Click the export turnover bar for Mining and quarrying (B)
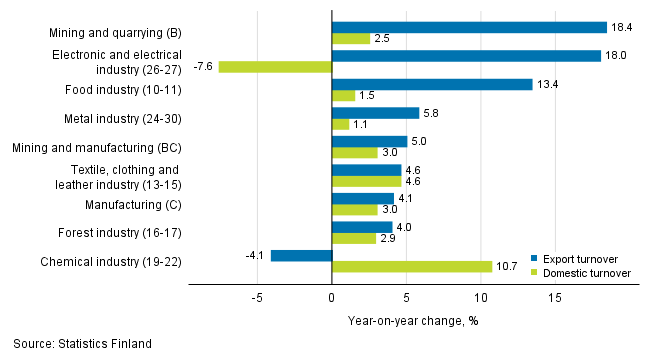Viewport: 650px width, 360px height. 469,27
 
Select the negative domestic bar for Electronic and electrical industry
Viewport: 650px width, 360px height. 275,67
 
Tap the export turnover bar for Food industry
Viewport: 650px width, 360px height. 432,84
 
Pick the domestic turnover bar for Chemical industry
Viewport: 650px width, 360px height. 412,267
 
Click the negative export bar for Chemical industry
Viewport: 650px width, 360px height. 301,255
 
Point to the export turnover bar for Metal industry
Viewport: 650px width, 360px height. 375,113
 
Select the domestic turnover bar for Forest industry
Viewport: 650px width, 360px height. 353,238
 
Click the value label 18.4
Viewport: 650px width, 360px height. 622,27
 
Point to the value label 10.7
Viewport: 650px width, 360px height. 508,267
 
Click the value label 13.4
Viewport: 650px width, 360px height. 548,84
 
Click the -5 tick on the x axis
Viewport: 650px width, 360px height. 256,297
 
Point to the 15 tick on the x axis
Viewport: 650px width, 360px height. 555,297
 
